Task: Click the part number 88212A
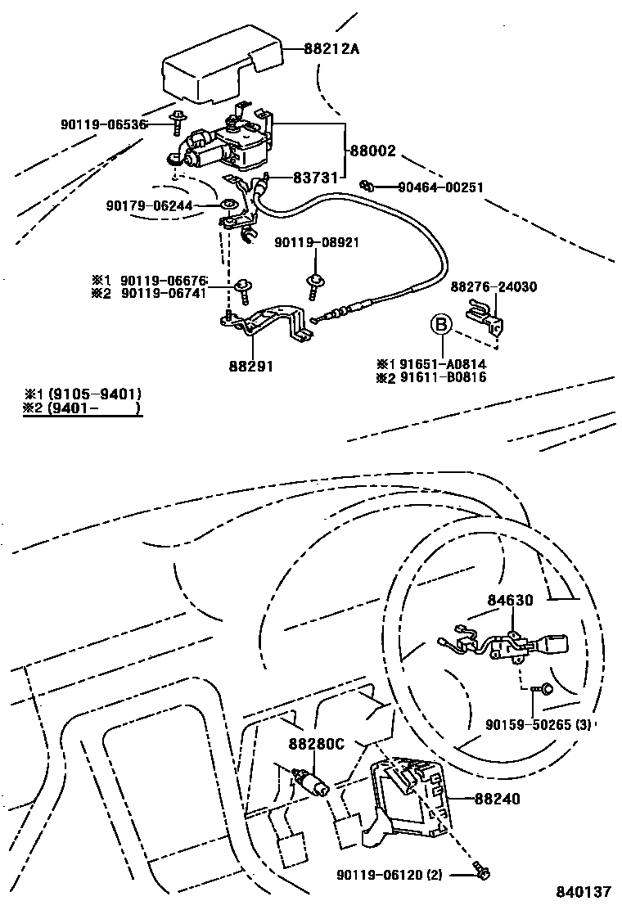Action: [x=331, y=49]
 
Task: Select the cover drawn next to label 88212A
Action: [x=222, y=69]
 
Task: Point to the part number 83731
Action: [x=315, y=178]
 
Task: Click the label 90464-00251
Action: [x=440, y=187]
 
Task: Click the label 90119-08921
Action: [x=316, y=242]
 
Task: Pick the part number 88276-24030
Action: [x=494, y=286]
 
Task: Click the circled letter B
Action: [x=441, y=324]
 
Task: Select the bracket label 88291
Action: [x=250, y=366]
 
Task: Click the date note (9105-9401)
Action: [x=95, y=394]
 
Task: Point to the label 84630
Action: [x=509, y=600]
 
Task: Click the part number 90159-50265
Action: [x=527, y=724]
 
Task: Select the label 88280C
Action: [x=316, y=743]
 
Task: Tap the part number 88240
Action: [x=498, y=800]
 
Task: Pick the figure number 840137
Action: [x=584, y=891]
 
